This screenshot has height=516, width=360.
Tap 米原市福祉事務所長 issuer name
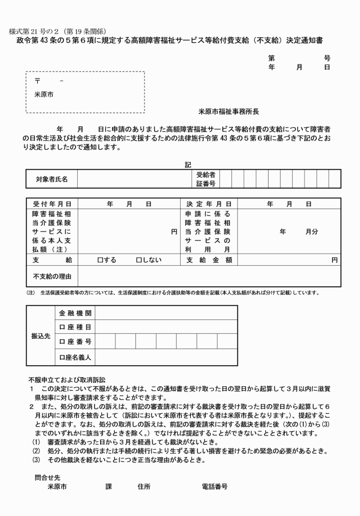tap(229, 112)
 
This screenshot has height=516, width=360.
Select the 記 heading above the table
tap(188, 165)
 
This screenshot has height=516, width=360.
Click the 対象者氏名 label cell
tap(51, 179)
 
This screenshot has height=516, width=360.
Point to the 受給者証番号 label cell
tap(206, 179)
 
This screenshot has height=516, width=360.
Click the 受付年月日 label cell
tap(52, 203)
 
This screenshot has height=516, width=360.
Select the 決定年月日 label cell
tap(209, 203)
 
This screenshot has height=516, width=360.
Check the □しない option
tap(149, 260)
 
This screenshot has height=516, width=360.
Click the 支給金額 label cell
tap(209, 260)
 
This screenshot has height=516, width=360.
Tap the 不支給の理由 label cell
tap(52, 277)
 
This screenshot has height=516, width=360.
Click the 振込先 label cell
tap(41, 337)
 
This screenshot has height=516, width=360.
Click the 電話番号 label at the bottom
tap(215, 487)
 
